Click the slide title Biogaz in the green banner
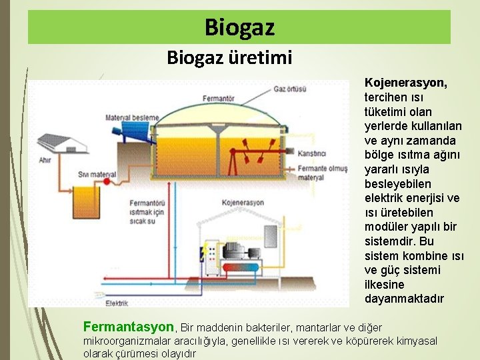(x=239, y=28)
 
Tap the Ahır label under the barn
(x=45, y=160)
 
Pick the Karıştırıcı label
(x=311, y=154)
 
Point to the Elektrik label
(x=117, y=303)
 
